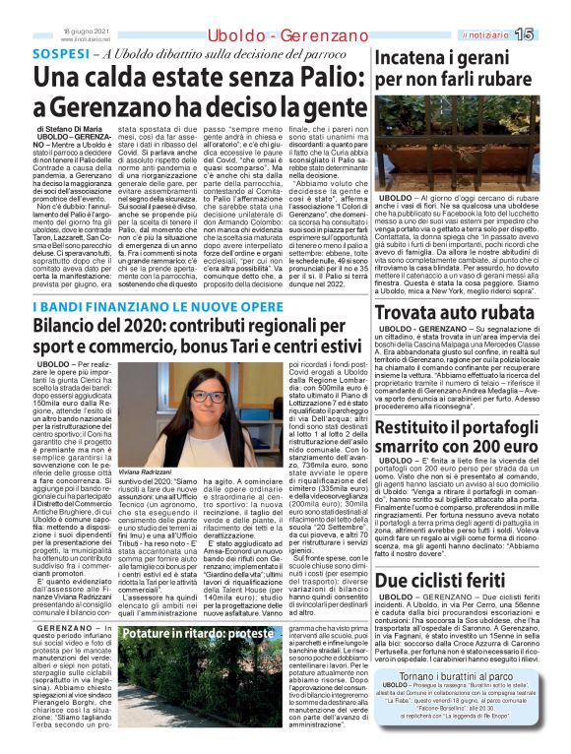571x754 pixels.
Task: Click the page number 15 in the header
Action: point(550,35)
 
